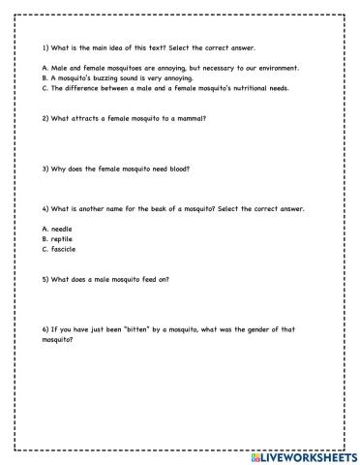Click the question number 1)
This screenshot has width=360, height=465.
(x=45, y=47)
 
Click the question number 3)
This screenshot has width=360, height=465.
(x=45, y=169)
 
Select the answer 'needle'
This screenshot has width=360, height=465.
(x=61, y=229)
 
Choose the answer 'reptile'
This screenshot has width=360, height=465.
(x=61, y=238)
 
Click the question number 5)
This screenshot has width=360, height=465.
(x=45, y=279)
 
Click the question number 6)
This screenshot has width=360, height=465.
(x=45, y=329)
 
